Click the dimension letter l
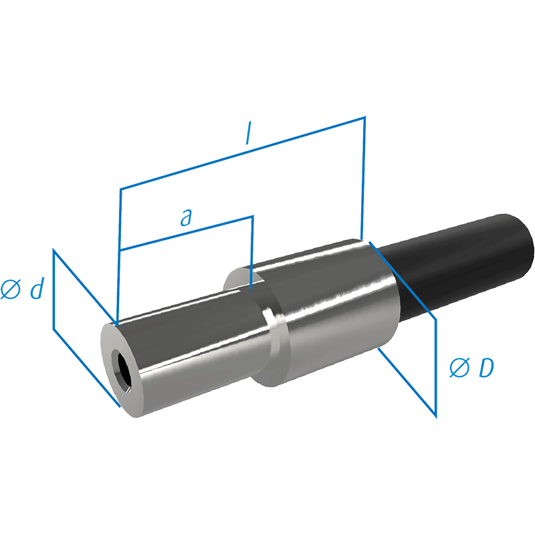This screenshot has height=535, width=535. (249, 132)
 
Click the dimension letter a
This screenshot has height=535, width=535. (187, 217)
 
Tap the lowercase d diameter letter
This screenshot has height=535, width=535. (37, 288)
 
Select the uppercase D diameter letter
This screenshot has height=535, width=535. (487, 367)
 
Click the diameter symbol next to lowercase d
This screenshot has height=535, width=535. (11, 290)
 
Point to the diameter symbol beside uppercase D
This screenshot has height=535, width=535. (460, 368)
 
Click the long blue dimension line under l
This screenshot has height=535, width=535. (243, 153)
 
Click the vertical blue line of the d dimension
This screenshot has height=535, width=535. (53, 289)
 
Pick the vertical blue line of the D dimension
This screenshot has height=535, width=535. (436, 368)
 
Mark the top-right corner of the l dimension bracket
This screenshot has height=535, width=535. (365, 117)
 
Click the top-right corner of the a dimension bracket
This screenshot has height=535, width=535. (253, 216)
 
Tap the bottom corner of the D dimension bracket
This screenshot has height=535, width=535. (436, 417)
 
